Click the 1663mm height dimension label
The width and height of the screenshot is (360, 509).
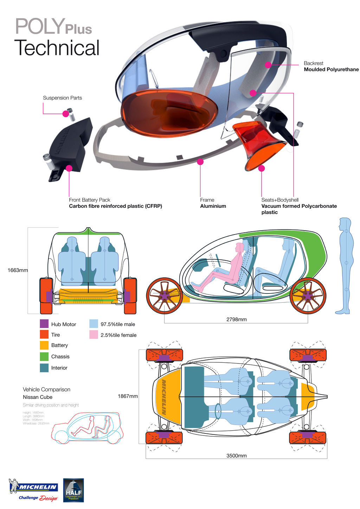(x=18, y=270)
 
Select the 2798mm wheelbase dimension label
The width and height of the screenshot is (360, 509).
(x=236, y=320)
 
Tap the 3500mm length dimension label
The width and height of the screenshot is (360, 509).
(x=236, y=456)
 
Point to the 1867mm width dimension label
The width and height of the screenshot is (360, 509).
(x=128, y=396)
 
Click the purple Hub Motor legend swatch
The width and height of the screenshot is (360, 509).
(x=44, y=324)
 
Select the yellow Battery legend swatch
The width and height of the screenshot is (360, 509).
(x=44, y=345)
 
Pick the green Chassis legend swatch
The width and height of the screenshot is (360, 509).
(x=44, y=356)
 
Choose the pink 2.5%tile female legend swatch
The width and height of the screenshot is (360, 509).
(x=94, y=335)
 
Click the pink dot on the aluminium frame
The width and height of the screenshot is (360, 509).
(x=200, y=162)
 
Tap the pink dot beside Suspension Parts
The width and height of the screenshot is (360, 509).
(x=65, y=114)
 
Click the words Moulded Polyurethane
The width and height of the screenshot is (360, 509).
(x=331, y=70)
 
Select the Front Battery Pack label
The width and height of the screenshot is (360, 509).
(x=90, y=200)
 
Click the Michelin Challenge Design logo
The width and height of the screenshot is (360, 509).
(x=33, y=490)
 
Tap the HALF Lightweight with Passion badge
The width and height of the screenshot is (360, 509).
(x=73, y=490)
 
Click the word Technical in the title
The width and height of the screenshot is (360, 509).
(x=57, y=48)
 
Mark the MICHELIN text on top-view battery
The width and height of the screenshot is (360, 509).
(x=164, y=397)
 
